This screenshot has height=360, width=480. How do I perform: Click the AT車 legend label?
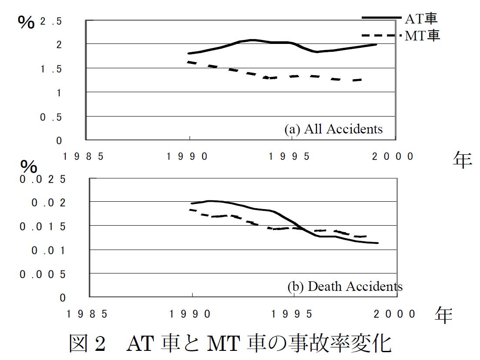click(421, 18)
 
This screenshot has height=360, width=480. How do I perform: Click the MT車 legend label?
click(422, 35)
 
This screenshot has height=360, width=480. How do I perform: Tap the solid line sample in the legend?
click(381, 17)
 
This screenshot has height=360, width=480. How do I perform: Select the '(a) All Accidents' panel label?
click(333, 129)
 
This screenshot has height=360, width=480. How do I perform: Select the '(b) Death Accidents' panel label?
click(345, 287)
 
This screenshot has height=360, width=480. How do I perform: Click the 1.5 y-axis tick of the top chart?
click(51, 69)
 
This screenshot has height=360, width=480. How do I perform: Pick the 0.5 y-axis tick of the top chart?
click(51, 117)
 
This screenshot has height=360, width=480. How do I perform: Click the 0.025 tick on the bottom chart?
click(43, 179)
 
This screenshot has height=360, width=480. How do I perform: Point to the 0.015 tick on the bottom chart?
click(43, 227)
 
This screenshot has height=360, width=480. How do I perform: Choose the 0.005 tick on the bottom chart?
click(43, 274)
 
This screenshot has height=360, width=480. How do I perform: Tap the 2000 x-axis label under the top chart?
click(393, 157)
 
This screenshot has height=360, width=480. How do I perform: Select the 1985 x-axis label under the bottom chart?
click(85, 314)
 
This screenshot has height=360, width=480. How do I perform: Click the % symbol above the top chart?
click(26, 23)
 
